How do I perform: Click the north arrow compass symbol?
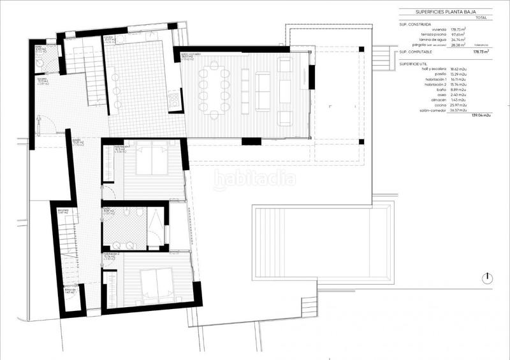487,278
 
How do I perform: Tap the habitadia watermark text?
255,180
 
